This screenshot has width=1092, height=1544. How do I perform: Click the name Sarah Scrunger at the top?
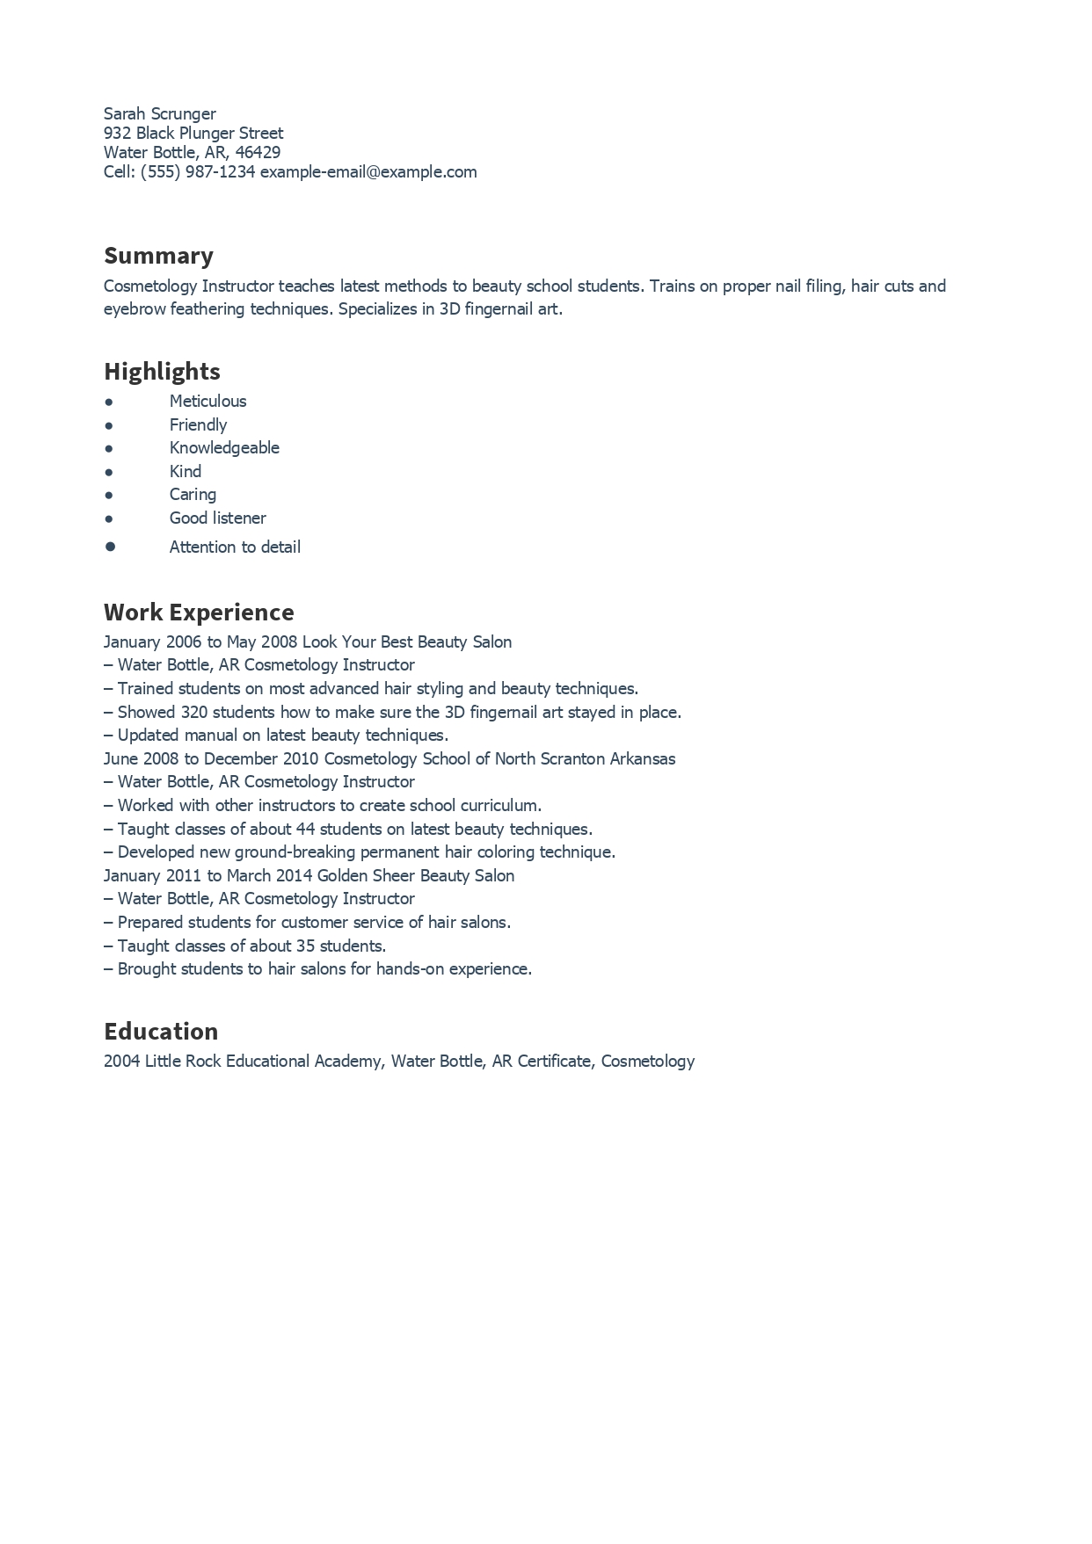(159, 113)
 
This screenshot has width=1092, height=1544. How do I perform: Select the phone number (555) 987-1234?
(198, 172)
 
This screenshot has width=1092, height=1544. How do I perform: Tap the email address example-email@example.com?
(368, 172)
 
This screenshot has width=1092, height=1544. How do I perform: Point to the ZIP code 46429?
(258, 153)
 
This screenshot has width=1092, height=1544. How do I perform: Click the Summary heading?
(158, 256)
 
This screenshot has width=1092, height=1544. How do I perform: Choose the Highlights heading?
(162, 371)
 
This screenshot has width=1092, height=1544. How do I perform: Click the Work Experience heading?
(199, 612)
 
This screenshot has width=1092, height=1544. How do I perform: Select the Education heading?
(161, 1031)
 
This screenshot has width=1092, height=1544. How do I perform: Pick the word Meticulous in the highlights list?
(207, 402)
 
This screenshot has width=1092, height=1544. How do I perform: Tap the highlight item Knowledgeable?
(224, 448)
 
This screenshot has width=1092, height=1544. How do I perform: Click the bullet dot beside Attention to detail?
(110, 547)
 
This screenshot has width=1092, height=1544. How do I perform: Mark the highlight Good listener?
(217, 518)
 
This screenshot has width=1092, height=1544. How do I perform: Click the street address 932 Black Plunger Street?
(193, 134)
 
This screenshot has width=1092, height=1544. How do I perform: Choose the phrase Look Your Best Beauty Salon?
(407, 642)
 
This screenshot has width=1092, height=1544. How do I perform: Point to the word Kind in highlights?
(186, 472)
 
